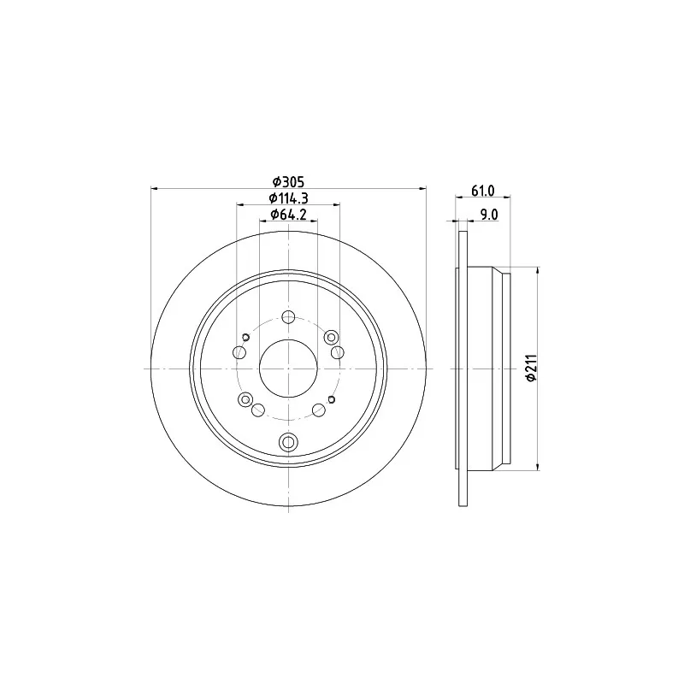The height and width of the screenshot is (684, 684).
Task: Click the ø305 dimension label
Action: tap(288, 181)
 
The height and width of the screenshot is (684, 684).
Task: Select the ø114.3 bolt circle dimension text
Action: tap(288, 198)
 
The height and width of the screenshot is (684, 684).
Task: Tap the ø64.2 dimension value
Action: tap(288, 215)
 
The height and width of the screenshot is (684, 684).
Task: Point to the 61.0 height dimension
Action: tap(483, 191)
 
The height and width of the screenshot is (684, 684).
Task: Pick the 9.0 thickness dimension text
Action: tap(489, 215)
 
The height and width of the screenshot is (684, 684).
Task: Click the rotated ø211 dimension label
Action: tap(531, 369)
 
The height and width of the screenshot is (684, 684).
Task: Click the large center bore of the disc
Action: tap(288, 369)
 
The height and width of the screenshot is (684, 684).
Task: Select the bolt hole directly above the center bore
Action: tap(288, 317)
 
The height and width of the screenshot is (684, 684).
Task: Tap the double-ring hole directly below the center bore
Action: tap(288, 442)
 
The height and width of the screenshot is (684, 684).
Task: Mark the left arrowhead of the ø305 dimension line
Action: tap(154, 188)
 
